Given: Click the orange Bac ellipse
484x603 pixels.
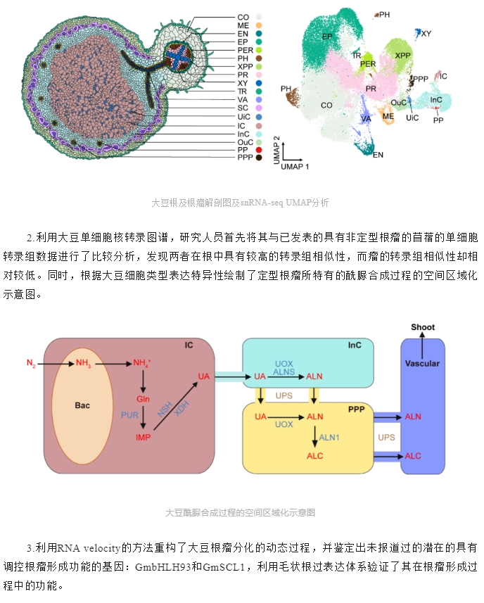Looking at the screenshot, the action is (82, 406).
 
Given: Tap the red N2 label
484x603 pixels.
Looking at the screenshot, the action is (31, 363).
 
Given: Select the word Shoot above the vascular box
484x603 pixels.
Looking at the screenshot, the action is (423, 327).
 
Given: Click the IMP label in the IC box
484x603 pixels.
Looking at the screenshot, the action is (143, 437).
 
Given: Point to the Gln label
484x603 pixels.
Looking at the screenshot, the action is (143, 399).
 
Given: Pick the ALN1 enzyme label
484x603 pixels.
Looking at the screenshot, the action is (329, 437).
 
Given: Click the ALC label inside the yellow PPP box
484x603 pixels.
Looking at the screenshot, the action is (315, 456).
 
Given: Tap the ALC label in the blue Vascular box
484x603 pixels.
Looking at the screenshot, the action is (413, 456).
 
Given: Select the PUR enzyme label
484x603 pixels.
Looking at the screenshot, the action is (129, 415).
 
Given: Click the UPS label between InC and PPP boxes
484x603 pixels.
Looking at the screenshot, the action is (284, 395).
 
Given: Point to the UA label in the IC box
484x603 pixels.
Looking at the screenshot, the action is (204, 376).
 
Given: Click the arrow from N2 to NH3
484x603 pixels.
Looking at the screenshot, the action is (56, 363).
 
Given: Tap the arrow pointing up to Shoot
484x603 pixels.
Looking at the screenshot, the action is (422, 345).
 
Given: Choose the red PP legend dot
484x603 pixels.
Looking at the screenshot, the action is (259, 150).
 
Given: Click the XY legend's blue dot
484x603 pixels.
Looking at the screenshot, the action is (259, 83).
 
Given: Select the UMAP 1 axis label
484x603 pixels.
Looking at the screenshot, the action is (295, 167).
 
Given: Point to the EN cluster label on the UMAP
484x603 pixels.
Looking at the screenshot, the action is (378, 155).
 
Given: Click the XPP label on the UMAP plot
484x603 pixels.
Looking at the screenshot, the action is (402, 56).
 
